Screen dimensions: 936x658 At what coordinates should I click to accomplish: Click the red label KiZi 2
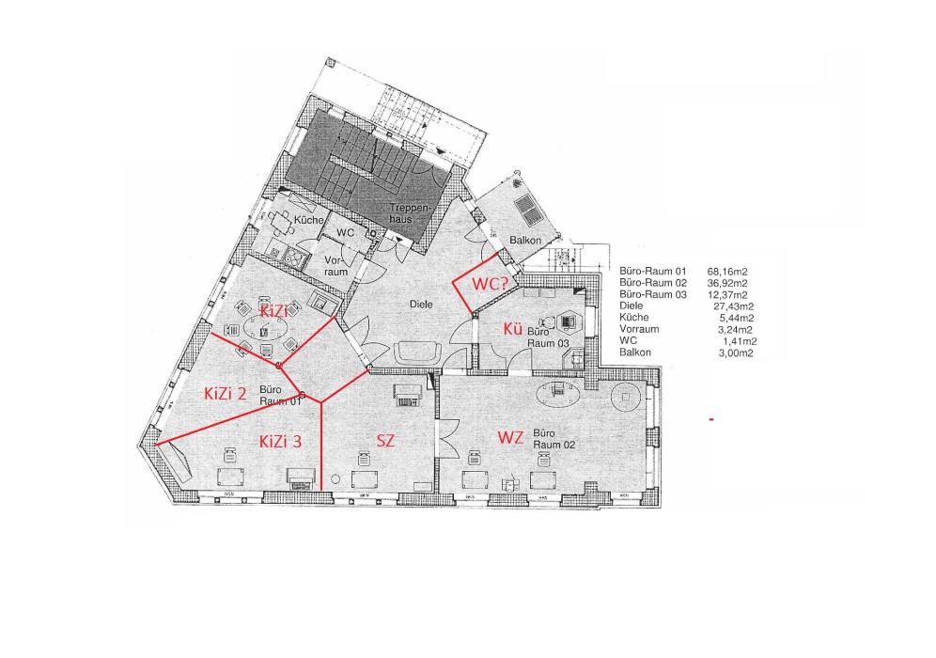coord(225,394)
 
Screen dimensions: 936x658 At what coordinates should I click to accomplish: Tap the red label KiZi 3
coord(281,442)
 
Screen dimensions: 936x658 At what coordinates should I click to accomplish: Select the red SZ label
coord(385,441)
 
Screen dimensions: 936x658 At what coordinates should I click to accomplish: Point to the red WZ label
coord(510,438)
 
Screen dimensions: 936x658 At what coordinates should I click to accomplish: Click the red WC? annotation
coord(490,284)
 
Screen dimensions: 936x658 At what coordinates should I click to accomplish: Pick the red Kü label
coord(513,329)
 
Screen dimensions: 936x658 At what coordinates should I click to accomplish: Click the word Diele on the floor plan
coord(421,304)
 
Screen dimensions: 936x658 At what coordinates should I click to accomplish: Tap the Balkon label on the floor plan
coord(525,240)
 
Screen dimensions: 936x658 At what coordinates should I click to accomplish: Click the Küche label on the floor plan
coord(309,220)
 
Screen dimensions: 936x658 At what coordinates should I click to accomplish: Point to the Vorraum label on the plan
coord(336,266)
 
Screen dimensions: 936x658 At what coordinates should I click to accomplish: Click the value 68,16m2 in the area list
coord(727,272)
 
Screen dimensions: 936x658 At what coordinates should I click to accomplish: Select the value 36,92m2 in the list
coord(727,283)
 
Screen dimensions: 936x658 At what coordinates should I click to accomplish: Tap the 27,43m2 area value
coord(734,306)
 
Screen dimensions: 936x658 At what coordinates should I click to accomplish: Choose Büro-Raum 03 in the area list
coord(653,294)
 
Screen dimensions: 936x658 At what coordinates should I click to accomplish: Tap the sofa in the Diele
coord(419,352)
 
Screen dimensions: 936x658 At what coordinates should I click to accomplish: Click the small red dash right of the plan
coord(711,420)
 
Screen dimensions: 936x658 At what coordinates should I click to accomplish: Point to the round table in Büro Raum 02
coord(626,396)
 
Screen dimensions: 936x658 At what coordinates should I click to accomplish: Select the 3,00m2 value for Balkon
coord(736,352)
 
